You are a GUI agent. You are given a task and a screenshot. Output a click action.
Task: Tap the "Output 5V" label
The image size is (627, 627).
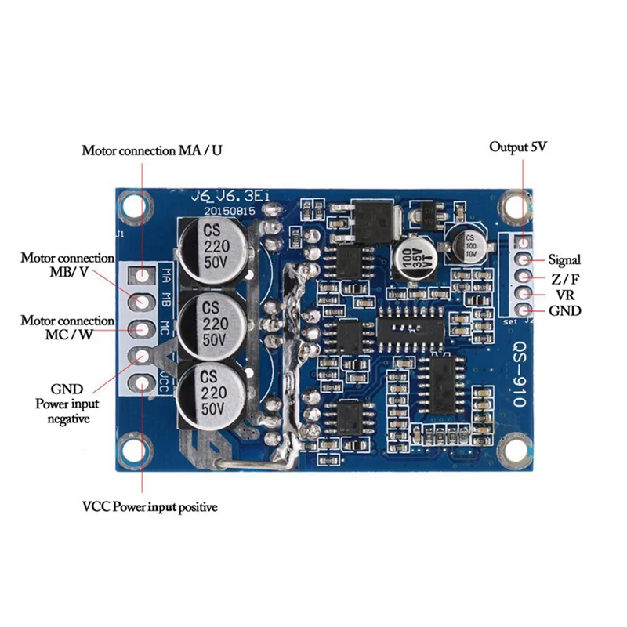point(518,147)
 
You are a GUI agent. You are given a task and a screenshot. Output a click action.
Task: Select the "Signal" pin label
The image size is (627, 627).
point(564,259)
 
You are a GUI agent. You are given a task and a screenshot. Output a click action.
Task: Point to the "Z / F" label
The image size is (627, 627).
point(564,277)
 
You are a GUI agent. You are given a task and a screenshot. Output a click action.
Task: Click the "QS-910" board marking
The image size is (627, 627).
point(519,375)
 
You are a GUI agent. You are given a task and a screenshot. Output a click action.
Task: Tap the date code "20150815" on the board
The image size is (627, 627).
point(227,211)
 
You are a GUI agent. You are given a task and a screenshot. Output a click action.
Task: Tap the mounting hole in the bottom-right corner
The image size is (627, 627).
point(516,454)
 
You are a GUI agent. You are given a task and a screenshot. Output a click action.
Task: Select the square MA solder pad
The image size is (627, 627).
point(142,275)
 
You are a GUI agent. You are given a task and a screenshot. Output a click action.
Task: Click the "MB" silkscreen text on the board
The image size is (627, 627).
point(166,299)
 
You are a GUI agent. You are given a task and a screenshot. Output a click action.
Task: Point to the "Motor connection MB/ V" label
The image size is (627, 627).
point(67,265)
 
